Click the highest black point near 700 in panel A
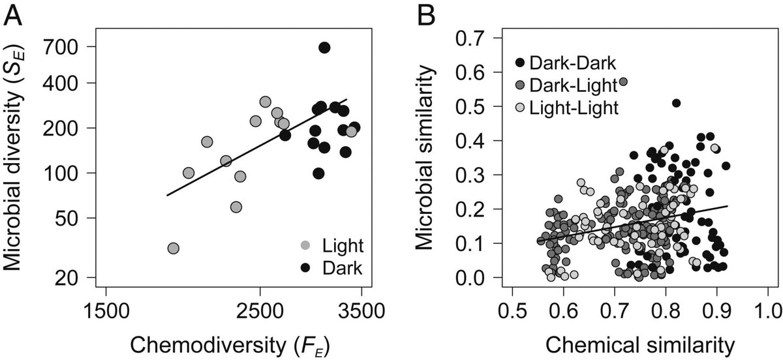pos(324,48)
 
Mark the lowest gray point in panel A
pos(173,248)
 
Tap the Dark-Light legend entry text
pos(572,85)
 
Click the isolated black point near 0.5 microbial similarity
pos(677,103)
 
